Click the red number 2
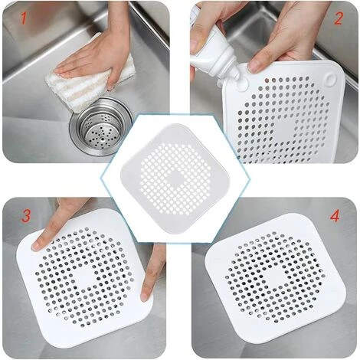tap(338, 18)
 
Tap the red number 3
tap(26, 215)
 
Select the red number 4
tap(335, 215)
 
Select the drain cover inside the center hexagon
tap(175, 178)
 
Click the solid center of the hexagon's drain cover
tap(175, 178)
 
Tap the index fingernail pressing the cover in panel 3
tap(36, 246)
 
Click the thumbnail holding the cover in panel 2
tap(254, 67)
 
